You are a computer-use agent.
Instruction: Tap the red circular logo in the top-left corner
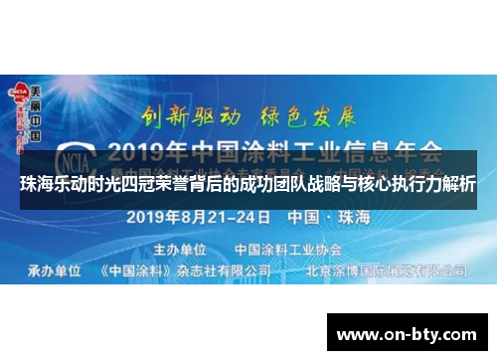pyautogui.click(x=17, y=91)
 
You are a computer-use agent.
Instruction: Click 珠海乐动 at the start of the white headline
pyautogui.click(x=53, y=185)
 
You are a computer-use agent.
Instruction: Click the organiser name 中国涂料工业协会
pyautogui.click(x=279, y=248)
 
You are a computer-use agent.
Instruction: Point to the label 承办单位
pyautogui.click(x=54, y=270)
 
